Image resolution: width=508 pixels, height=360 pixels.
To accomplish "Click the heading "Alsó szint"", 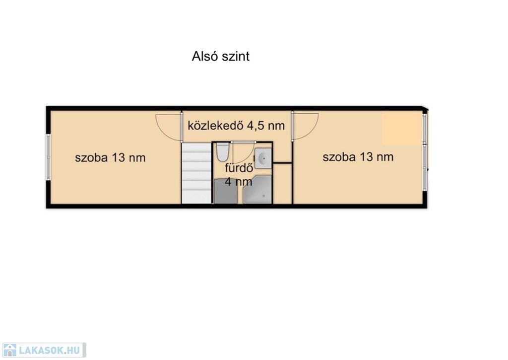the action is (221, 57).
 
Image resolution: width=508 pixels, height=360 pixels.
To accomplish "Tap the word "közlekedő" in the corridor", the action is (216, 125).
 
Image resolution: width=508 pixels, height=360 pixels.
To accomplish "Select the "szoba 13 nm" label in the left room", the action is (110, 157).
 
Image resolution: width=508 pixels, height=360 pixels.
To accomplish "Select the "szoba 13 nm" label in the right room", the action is (358, 157).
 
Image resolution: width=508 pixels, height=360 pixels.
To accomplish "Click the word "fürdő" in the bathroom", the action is (239, 168).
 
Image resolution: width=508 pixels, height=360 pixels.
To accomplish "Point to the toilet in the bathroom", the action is (223, 152).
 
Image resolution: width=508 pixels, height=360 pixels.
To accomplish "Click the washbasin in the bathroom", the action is (263, 158).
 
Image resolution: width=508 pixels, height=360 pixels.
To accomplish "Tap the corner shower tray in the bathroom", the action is (257, 190).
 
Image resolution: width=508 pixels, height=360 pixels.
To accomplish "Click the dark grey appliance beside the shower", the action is (226, 191).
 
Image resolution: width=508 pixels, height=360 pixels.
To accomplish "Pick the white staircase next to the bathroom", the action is (196, 173).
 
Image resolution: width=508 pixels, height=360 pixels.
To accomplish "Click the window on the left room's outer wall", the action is (48, 157).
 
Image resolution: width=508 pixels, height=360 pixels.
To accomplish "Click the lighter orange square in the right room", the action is (402, 129).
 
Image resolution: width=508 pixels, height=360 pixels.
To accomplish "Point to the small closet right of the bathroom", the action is (282, 183).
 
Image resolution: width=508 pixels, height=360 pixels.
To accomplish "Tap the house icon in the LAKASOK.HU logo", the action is (9, 350).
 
